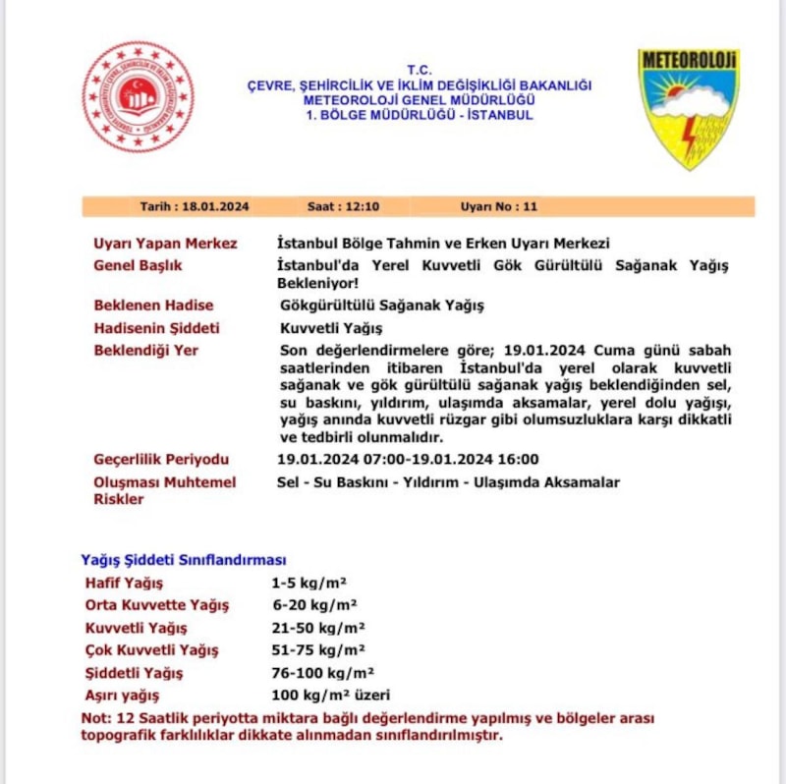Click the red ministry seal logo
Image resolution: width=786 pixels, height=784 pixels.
pos(138,96)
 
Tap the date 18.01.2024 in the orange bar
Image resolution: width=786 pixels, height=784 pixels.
pos(195,207)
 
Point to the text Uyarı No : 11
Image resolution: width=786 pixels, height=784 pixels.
pos(498,207)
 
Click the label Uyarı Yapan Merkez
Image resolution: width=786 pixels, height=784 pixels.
pos(165,244)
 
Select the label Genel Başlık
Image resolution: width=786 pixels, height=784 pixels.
pos(138,265)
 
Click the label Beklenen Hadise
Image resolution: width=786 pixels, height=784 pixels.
pos(153,306)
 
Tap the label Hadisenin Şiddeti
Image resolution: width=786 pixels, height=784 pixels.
pos(156,328)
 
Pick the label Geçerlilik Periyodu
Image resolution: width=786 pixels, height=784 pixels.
pos(161,460)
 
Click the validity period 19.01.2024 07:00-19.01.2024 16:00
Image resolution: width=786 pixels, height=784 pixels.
pos(409,460)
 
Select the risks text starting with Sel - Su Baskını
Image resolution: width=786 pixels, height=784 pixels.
pos(449,482)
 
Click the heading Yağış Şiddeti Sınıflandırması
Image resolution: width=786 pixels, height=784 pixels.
pos(183,560)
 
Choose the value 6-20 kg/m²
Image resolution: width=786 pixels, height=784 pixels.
pos(314,605)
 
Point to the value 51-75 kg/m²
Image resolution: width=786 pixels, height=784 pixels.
pos(318,650)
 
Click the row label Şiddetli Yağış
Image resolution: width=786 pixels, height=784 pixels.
pos(134,673)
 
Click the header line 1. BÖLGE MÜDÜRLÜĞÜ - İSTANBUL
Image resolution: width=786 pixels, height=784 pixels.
pos(419,115)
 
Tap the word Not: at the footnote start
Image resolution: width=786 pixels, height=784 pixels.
pos(95,718)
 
